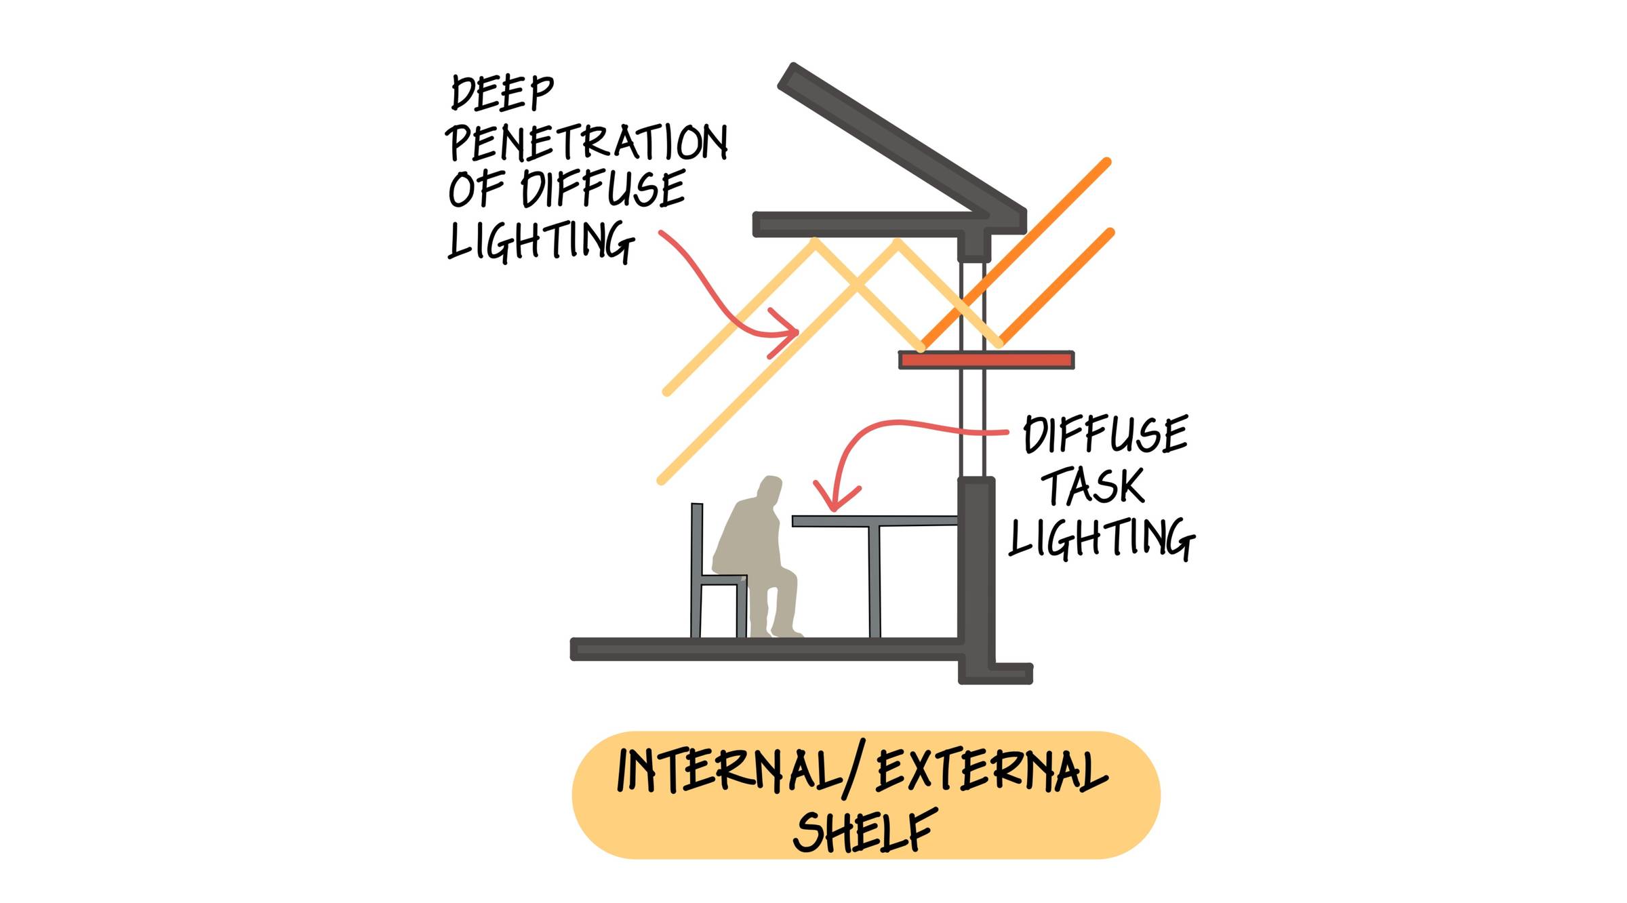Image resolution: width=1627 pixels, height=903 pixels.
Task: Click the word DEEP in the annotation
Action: [x=502, y=94]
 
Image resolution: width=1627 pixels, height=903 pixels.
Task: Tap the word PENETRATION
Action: [x=587, y=142]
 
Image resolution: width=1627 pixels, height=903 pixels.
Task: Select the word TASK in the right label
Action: [x=1092, y=486]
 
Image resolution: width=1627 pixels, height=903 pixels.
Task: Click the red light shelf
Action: [x=986, y=360]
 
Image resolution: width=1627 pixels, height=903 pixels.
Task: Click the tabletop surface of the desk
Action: [x=875, y=521]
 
